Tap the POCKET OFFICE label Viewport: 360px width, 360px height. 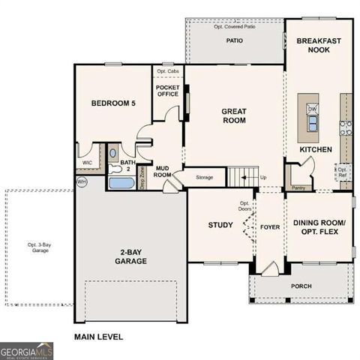pyautogui.click(x=167, y=91)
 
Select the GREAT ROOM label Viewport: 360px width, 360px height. pyautogui.click(x=234, y=116)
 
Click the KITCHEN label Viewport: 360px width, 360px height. pyautogui.click(x=316, y=149)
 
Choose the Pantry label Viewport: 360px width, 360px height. pyautogui.click(x=298, y=187)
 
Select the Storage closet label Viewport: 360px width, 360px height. pyautogui.click(x=204, y=178)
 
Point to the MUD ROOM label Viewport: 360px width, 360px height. pyautogui.click(x=163, y=170)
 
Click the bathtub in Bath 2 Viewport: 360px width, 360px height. pyautogui.click(x=120, y=182)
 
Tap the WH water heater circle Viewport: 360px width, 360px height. pyautogui.click(x=82, y=181)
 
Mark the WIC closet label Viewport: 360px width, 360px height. pyautogui.click(x=88, y=161)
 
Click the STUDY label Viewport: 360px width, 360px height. pyautogui.click(x=220, y=224)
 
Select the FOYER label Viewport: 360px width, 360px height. pyautogui.click(x=269, y=226)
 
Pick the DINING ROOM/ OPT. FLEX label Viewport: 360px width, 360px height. pyautogui.click(x=319, y=228)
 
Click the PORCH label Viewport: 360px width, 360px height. pyautogui.click(x=301, y=286)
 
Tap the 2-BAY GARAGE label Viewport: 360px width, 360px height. pyautogui.click(x=130, y=256)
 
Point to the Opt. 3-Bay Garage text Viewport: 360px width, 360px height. pyautogui.click(x=39, y=247)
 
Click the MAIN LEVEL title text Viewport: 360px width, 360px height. pyautogui.click(x=97, y=337)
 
